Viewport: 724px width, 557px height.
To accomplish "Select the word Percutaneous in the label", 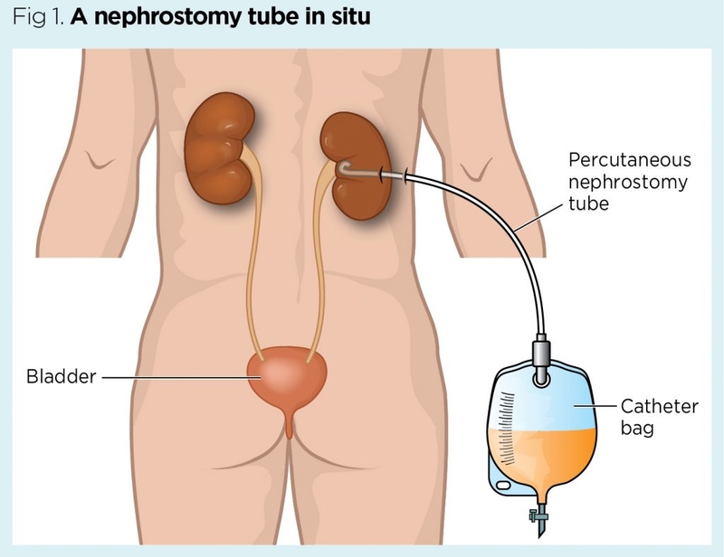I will point(629,160).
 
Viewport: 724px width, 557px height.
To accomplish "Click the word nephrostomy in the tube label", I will point(627,183).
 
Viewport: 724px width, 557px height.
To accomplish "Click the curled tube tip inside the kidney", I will point(345,167).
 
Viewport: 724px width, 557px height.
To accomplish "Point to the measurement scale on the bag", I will point(511,434).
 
